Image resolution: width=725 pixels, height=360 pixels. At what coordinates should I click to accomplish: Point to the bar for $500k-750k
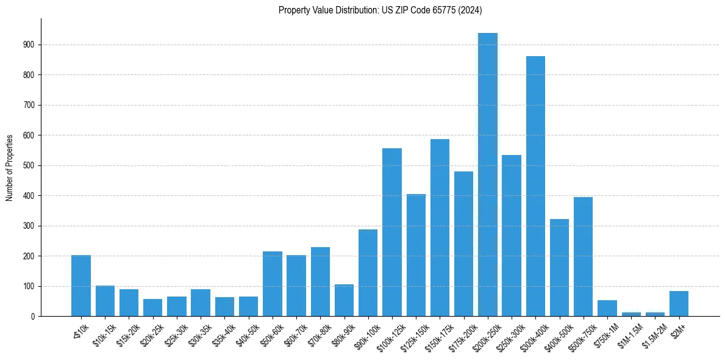pos(583,256)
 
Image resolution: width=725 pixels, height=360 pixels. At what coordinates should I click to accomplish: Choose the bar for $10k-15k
pos(105,301)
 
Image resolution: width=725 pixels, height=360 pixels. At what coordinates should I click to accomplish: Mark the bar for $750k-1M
pos(607,308)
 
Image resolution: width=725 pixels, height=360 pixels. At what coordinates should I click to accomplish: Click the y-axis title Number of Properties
pos(10,167)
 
